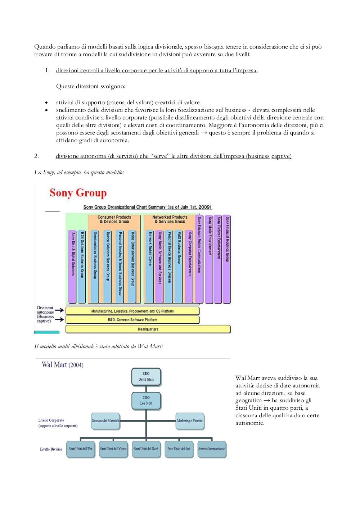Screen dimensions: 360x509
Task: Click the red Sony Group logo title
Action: (78, 193)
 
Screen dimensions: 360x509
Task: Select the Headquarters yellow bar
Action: (148, 329)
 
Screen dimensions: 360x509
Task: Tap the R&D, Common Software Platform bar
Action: (132, 320)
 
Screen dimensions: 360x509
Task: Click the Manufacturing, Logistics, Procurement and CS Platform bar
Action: (132, 311)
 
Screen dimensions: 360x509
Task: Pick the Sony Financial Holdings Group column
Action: (226, 259)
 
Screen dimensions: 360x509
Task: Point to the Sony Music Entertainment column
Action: (209, 259)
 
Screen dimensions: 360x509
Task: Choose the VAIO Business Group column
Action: (179, 267)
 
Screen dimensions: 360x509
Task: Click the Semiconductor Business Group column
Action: (95, 267)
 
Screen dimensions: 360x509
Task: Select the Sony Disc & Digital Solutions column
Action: (72, 267)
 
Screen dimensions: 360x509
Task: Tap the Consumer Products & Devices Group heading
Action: (114, 219)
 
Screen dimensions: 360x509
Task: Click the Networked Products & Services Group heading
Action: (170, 219)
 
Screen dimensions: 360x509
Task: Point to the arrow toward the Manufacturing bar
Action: (59, 310)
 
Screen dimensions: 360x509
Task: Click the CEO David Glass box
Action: (146, 377)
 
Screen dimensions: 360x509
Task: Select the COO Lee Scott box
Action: (146, 401)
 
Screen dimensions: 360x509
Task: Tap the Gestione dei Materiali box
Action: (105, 421)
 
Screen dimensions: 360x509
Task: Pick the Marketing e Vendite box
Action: (190, 421)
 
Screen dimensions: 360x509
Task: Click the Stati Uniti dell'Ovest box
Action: (113, 449)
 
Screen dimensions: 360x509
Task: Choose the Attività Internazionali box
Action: (212, 449)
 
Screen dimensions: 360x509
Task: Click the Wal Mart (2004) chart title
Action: (63, 365)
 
